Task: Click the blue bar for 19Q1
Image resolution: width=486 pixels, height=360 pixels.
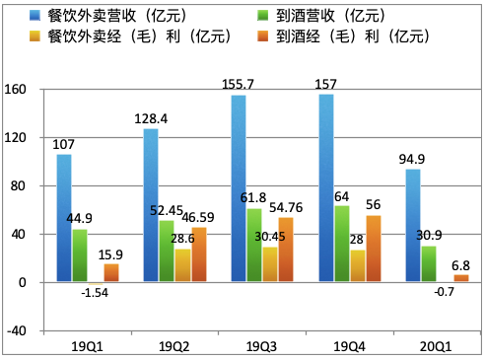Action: (63, 218)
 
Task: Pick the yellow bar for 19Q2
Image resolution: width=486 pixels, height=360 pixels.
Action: (182, 265)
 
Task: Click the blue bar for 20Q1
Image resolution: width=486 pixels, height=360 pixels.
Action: (411, 226)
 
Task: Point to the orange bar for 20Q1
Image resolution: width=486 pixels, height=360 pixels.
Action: (461, 278)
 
